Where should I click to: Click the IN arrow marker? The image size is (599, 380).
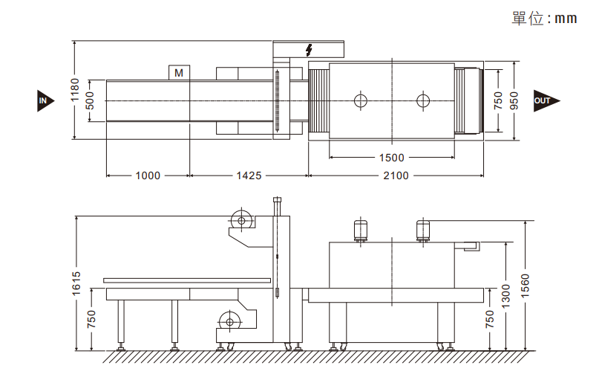[45, 101]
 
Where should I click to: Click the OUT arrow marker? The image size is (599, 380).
[546, 100]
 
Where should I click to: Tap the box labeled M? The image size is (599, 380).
[179, 73]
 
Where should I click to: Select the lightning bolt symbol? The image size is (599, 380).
[309, 50]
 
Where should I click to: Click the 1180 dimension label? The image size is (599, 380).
[75, 90]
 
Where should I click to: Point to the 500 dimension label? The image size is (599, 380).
[90, 100]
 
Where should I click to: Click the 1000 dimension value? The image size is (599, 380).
[148, 175]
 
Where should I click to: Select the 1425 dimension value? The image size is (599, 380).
[249, 175]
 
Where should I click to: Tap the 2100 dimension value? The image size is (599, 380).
[396, 175]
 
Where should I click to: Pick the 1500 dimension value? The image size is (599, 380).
[392, 158]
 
